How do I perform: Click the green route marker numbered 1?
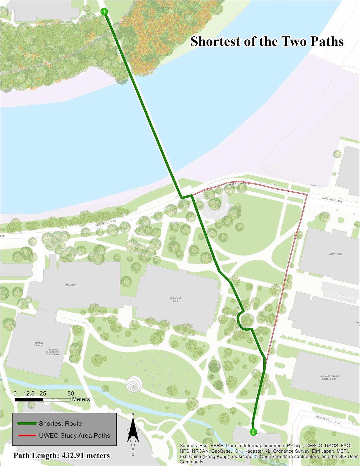pyautogui.click(x=104, y=12)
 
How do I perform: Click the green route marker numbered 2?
pyautogui.click(x=253, y=432)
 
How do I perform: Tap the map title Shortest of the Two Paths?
pyautogui.click(x=267, y=41)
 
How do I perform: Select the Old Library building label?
pyautogui.click(x=71, y=285)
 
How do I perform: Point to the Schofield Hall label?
pyautogui.click(x=175, y=299)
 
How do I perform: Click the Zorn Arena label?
pyautogui.click(x=335, y=254)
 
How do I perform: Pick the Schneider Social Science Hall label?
pyautogui.click(x=329, y=377)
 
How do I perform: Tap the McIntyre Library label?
pyautogui.click(x=38, y=344)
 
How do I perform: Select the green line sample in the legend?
pyautogui.click(x=27, y=423)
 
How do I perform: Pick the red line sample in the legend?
pyautogui.click(x=27, y=436)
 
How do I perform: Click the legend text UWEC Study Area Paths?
pyautogui.click(x=75, y=436)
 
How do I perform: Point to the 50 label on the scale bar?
pyautogui.click(x=70, y=393)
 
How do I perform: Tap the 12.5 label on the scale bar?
pyautogui.click(x=29, y=393)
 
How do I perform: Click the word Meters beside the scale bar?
pyautogui.click(x=81, y=399)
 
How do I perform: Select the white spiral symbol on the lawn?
pyautogui.click(x=134, y=384)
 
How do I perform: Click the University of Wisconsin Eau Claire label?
pyautogui.click(x=53, y=352)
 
